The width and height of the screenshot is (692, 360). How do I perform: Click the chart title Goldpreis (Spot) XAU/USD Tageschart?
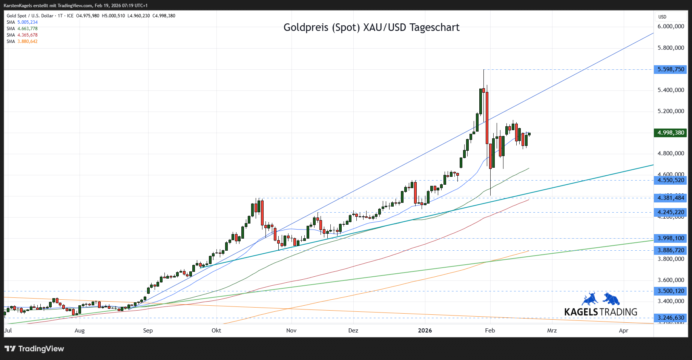[x=371, y=28]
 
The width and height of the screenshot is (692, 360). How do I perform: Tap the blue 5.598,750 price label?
[x=671, y=69]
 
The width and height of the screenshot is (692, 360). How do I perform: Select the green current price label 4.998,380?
[x=671, y=133]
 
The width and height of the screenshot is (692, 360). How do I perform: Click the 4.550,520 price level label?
[x=671, y=180]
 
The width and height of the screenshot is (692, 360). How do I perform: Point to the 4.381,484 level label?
[x=671, y=198]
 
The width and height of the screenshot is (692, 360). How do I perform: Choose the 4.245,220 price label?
[x=671, y=212]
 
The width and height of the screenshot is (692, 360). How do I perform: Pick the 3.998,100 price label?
[x=671, y=238]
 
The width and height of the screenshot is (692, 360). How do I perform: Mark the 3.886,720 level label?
[x=671, y=250]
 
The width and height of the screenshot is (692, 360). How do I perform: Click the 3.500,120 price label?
[x=671, y=291]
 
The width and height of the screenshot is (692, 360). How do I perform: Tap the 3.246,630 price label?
[x=671, y=318]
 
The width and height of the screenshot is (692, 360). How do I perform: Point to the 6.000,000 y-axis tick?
[x=671, y=26]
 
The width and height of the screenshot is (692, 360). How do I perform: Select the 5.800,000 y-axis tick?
[x=671, y=48]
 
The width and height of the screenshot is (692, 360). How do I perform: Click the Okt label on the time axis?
[x=216, y=331]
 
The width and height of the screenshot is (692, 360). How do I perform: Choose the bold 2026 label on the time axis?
[x=425, y=331]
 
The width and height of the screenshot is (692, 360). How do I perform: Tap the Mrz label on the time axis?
[x=552, y=331]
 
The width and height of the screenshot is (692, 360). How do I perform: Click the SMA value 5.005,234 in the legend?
[x=28, y=22]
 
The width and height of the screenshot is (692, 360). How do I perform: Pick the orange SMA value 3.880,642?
[x=28, y=41]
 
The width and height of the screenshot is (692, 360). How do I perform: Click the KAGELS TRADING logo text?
[x=601, y=312]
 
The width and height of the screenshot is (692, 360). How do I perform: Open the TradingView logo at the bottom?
[x=34, y=349]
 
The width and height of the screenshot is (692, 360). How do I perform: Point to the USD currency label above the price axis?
[x=662, y=17]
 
